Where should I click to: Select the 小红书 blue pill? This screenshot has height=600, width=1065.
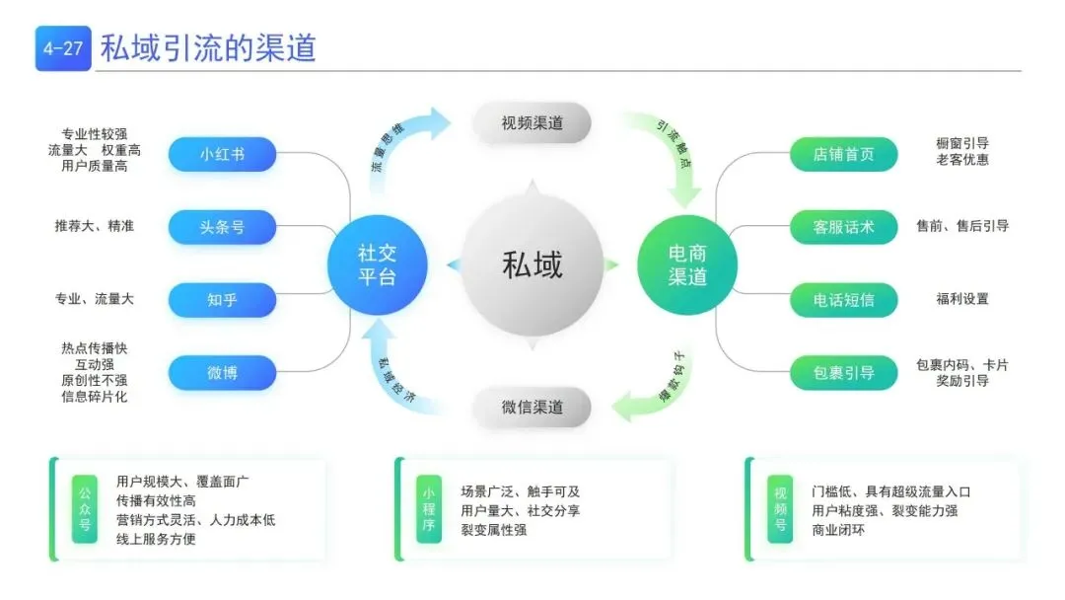[222, 154]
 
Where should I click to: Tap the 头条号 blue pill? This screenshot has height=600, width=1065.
[222, 227]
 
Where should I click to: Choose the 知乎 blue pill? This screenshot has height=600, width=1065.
[222, 299]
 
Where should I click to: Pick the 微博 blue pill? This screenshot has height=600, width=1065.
[222, 372]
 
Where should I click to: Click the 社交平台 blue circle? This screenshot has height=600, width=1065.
[377, 263]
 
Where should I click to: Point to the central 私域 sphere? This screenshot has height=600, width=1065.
[532, 264]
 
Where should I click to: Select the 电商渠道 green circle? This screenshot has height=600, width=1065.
[687, 263]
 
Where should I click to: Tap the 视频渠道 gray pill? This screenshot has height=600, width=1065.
[532, 122]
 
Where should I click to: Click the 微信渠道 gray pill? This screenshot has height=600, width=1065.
[532, 407]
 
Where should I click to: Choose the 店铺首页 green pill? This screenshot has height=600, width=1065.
[843, 154]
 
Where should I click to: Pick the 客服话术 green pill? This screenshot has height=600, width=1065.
[843, 227]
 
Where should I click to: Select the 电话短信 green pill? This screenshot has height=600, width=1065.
[843, 299]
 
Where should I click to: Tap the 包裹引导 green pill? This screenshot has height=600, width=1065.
[843, 372]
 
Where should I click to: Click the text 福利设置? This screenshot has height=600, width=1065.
[961, 299]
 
